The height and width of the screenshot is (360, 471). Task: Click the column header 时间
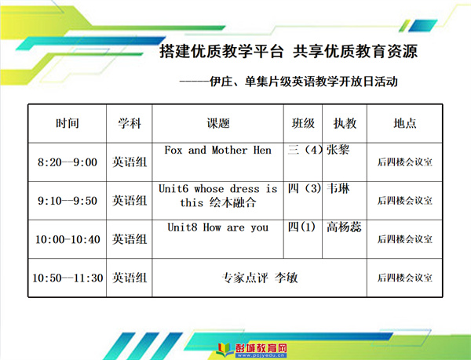68,123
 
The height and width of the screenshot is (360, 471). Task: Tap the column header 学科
130,123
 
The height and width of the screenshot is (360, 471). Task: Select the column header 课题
218,123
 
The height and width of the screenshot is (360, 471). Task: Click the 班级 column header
303,123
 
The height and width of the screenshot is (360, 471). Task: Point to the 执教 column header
345,123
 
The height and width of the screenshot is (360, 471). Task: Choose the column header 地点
405,123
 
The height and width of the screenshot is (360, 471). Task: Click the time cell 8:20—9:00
68,162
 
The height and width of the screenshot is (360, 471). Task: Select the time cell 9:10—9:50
68,201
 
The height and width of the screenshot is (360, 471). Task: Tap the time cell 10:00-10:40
68,239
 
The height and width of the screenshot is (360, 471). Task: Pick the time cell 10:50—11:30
68,278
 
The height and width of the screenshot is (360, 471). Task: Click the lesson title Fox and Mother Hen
217,150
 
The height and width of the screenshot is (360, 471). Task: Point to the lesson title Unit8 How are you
217,227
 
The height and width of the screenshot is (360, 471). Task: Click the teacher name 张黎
338,149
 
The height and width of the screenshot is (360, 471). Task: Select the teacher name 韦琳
338,188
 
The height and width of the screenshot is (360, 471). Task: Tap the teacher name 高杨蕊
344,227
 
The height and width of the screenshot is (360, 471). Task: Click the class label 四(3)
305,188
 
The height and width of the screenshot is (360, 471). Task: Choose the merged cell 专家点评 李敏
260,278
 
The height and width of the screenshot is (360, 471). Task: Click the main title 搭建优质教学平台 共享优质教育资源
288,51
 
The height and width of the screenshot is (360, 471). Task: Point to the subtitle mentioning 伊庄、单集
289,82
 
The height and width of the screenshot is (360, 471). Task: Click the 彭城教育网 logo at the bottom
252,350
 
